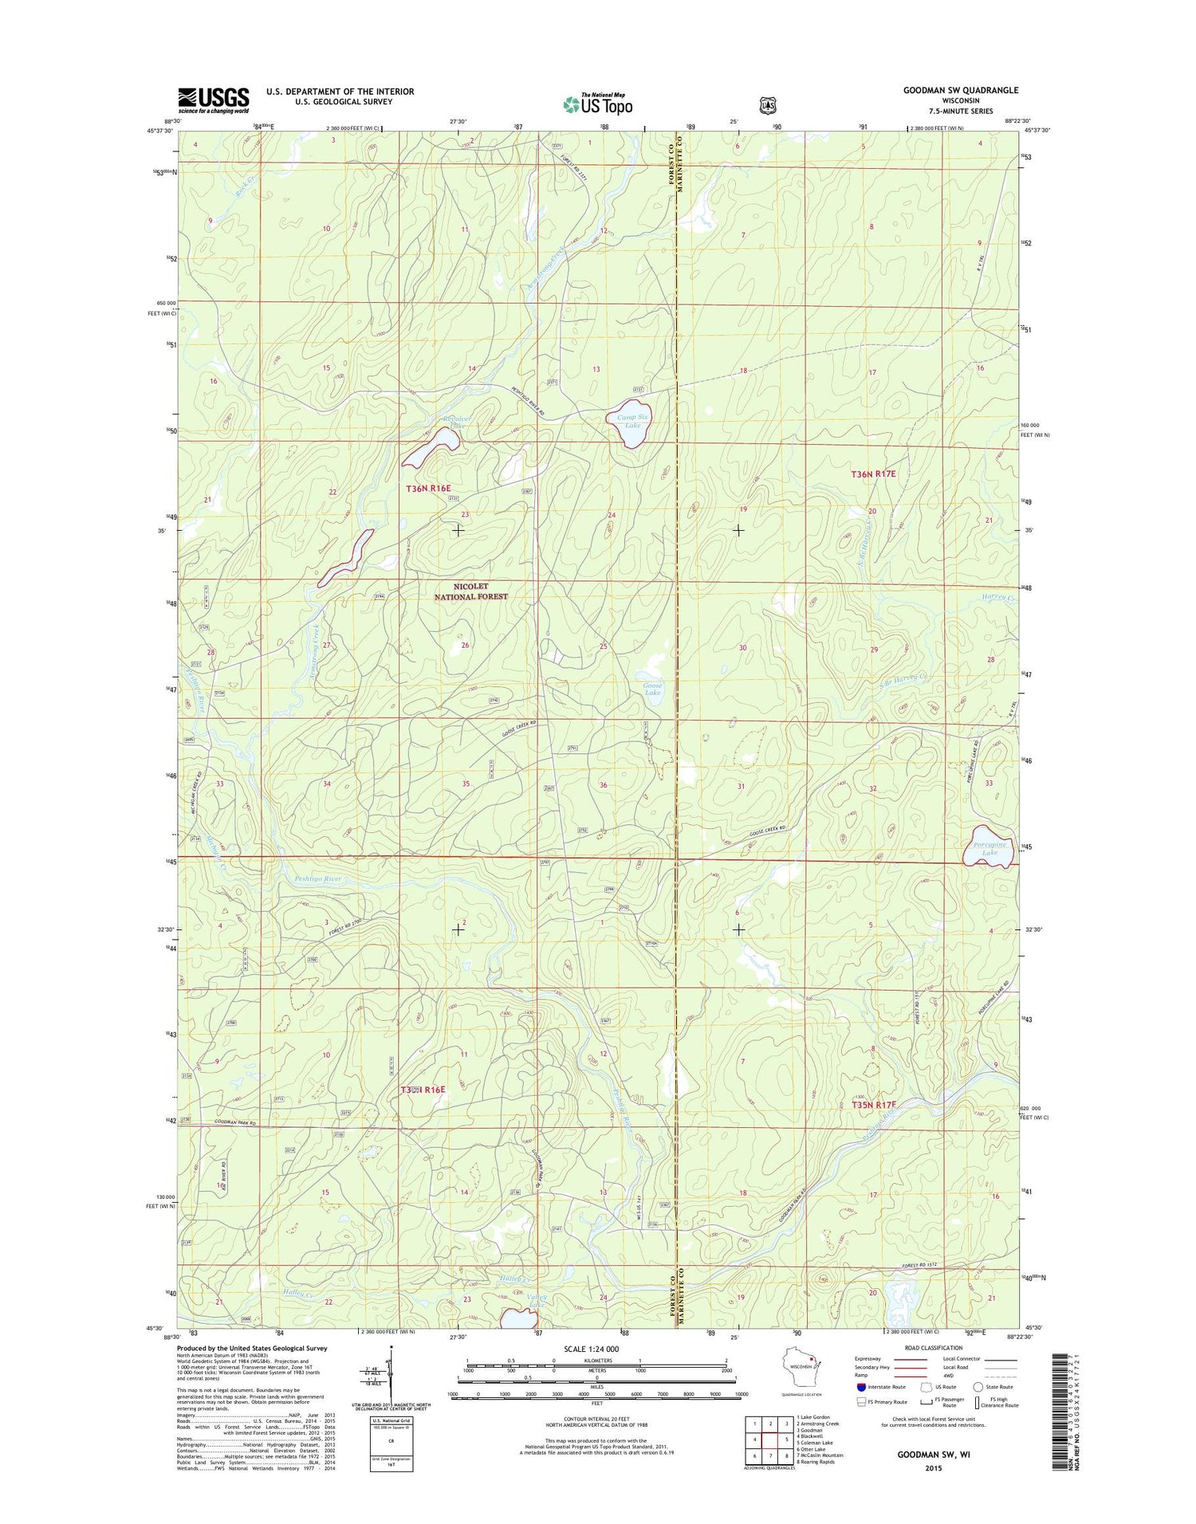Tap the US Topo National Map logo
tap(598, 103)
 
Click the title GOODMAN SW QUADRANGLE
tap(960, 90)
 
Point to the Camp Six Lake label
tap(632, 421)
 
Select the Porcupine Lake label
tap(989, 848)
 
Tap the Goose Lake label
tap(652, 689)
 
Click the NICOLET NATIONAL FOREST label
tap(470, 591)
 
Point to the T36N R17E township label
tap(874, 473)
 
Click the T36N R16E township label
tap(428, 488)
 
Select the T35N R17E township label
tap(874, 1105)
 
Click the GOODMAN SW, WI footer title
tap(928, 1454)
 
